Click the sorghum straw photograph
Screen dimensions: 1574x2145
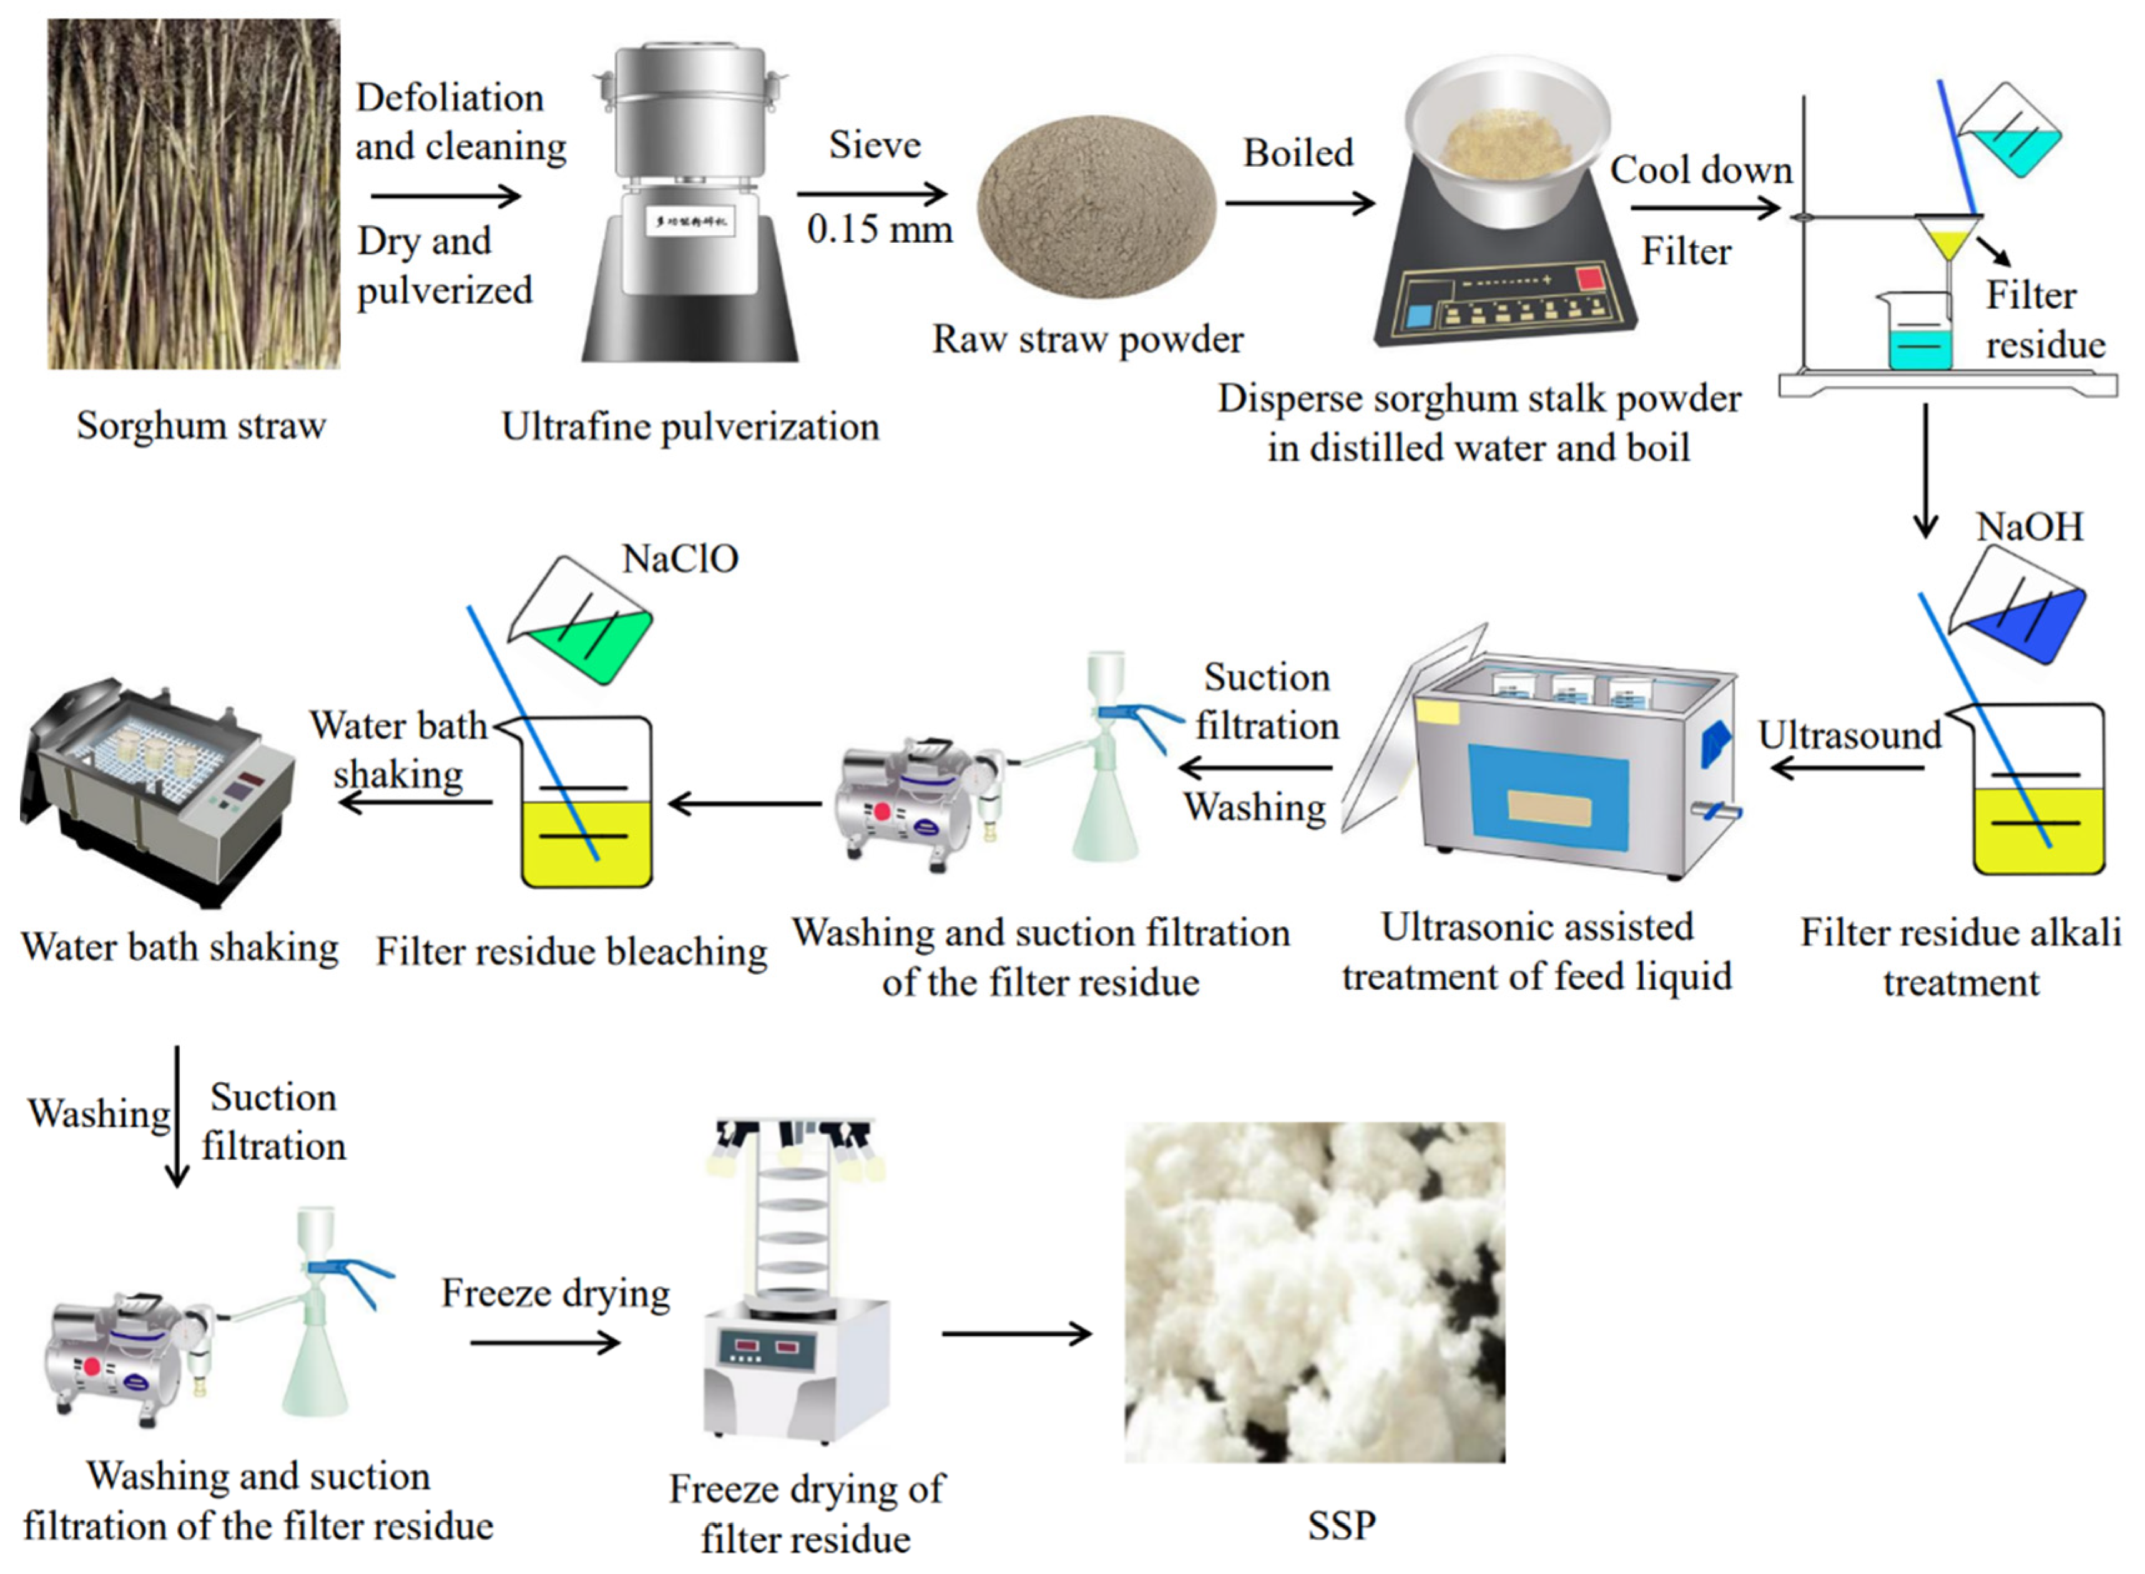[194, 193]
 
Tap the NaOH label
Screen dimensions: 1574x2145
[2029, 527]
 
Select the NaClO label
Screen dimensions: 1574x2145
[679, 559]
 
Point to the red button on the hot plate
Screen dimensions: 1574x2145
[1589, 278]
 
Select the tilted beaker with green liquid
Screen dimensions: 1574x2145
[583, 624]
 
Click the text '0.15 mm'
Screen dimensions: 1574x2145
[878, 230]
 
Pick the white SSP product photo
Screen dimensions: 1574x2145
[1314, 1293]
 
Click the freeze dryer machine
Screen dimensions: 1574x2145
[796, 1286]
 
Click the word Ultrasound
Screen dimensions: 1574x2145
[1848, 736]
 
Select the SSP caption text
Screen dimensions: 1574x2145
[1341, 1525]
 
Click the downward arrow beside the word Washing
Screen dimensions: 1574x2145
[177, 1117]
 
